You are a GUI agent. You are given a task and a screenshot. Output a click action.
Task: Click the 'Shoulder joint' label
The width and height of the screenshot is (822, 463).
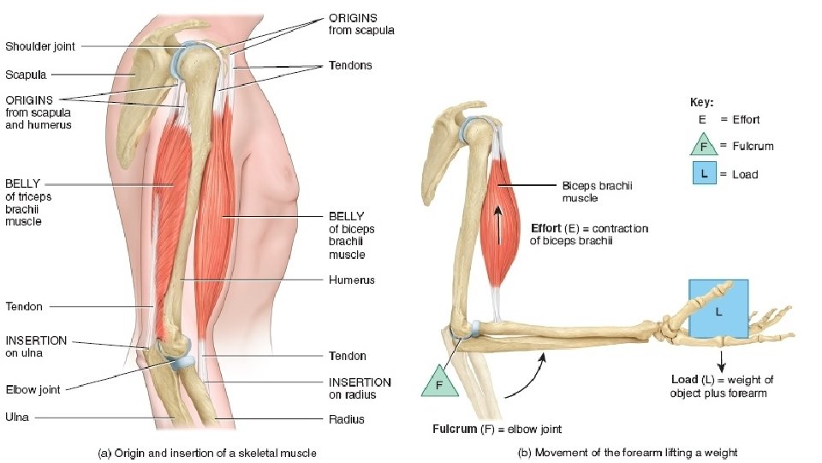[x=40, y=46]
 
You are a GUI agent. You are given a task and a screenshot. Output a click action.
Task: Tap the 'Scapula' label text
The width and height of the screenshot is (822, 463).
[x=26, y=75]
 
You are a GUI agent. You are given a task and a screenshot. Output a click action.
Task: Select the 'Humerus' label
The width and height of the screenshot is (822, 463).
[x=351, y=280]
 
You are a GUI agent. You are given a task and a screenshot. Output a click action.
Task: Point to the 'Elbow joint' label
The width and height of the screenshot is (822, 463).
[x=33, y=389]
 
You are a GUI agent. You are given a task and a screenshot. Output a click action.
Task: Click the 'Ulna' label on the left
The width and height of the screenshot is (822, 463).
[x=18, y=418]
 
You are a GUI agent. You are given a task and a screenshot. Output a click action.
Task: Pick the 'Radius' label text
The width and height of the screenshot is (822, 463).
[x=347, y=419]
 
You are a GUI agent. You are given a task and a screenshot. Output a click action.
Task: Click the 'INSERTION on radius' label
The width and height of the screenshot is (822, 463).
[x=360, y=388]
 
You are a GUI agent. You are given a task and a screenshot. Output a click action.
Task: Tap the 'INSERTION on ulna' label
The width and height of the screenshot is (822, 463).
[x=36, y=346]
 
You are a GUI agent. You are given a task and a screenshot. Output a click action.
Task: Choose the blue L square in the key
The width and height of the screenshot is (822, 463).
[x=704, y=173]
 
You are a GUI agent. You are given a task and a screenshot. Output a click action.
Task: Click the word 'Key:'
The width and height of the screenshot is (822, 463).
[x=702, y=102]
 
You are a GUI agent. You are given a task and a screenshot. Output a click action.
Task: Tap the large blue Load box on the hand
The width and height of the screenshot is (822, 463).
[x=718, y=309]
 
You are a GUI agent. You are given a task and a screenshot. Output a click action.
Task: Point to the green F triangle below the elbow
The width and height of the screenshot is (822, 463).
[x=439, y=382]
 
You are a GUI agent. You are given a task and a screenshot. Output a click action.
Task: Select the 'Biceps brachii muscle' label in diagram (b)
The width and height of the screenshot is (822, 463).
[x=597, y=191]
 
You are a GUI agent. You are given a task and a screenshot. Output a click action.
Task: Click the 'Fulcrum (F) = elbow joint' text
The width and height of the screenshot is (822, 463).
[x=497, y=429]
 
